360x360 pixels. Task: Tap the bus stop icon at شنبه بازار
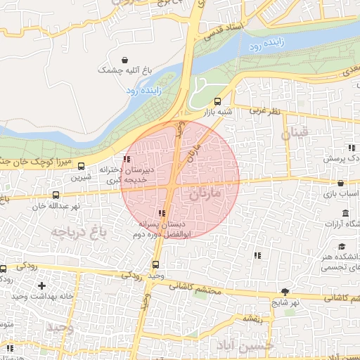pos(217,101)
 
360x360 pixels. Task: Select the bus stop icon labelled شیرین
pos(81,167)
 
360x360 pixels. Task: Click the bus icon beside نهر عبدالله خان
pos(56,195)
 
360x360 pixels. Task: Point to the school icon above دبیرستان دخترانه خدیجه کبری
pos(127,159)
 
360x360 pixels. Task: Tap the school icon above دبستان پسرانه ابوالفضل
pos(162,212)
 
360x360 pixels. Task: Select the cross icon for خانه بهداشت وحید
pos(42,285)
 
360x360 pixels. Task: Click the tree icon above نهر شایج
pos(285,291)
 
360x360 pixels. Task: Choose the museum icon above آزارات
pos(345,213)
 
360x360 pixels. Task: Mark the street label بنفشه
pos(252,319)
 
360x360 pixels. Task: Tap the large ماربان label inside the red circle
pos(205,192)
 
